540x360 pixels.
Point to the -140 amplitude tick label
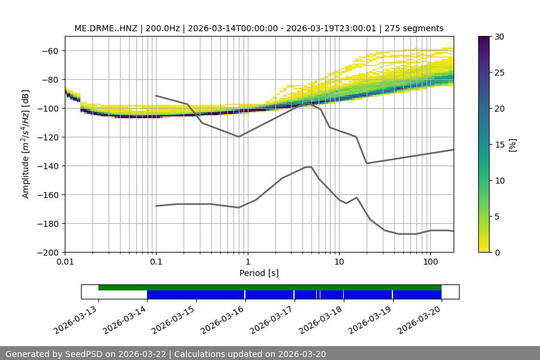click(49, 166)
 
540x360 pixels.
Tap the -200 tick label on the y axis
click(49, 252)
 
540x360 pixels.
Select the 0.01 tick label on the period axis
click(65, 262)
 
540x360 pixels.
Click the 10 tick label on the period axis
click(339, 262)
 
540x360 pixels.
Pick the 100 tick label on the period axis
click(430, 262)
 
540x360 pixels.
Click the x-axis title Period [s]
click(259, 273)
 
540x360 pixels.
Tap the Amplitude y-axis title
click(25, 144)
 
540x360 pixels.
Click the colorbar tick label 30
click(499, 37)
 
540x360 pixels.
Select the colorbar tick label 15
click(499, 145)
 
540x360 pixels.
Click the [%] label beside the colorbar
click(512, 145)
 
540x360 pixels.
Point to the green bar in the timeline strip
click(270, 287)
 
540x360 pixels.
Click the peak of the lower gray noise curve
click(308, 167)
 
